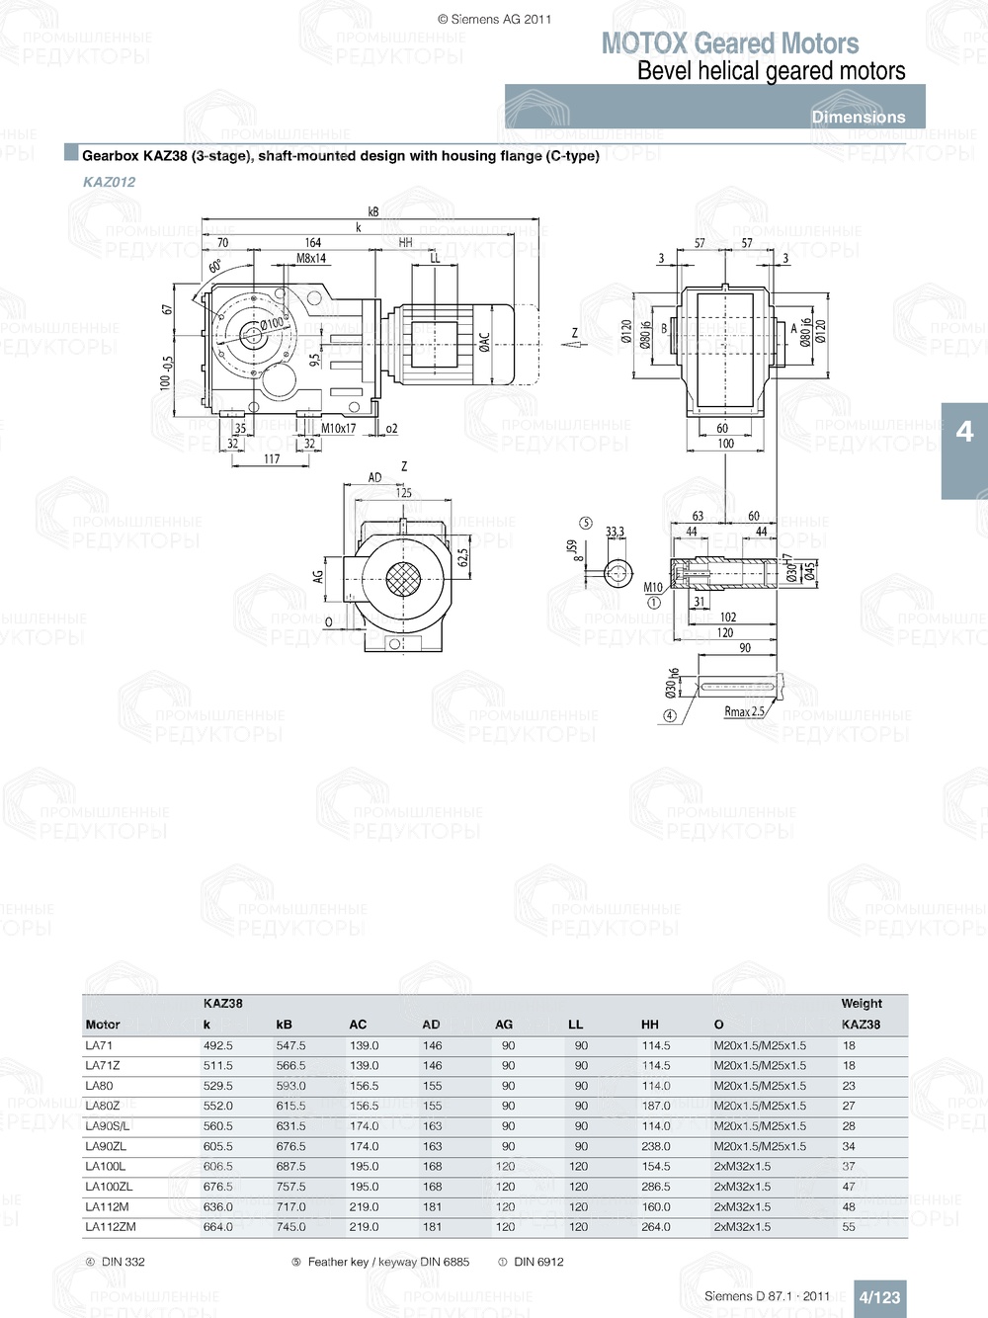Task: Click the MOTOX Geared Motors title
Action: coord(729,43)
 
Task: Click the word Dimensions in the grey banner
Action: coord(858,117)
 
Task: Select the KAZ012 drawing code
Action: coord(109,182)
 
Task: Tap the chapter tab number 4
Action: coord(964,432)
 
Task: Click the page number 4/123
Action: coord(878,1297)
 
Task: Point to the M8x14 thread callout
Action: coord(311,259)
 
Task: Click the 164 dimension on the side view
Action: coord(312,243)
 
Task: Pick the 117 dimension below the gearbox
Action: coord(272,459)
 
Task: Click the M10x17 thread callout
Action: coord(338,429)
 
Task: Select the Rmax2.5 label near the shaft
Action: coord(744,711)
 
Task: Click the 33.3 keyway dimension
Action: coord(615,533)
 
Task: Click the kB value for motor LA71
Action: coord(290,1045)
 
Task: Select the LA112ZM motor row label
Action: coord(111,1227)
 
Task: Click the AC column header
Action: coord(358,1025)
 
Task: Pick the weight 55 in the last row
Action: coord(849,1227)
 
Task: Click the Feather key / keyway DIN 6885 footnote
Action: coord(387,1262)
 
